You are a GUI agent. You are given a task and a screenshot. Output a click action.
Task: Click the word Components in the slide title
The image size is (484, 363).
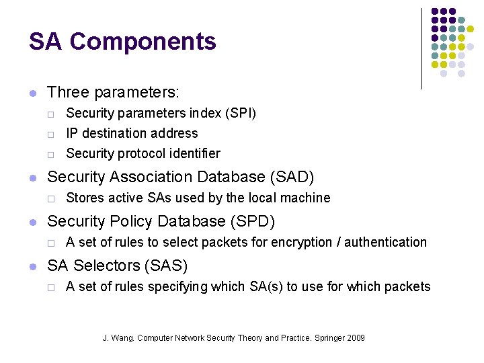(x=143, y=42)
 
